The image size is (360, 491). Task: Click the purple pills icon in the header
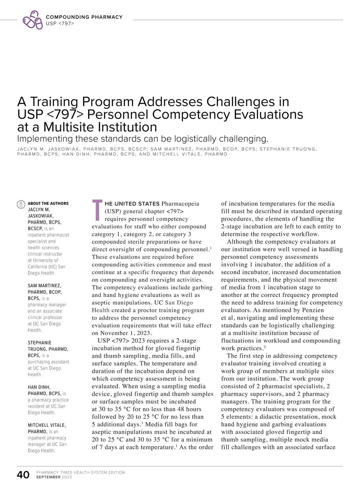(33, 20)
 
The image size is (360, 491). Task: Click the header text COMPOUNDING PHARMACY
(84, 17)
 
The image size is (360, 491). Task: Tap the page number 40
(23, 475)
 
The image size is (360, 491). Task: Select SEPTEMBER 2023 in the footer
(54, 477)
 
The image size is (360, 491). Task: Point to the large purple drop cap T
(97, 209)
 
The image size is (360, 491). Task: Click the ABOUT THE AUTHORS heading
(48, 203)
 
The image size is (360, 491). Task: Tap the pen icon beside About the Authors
(21, 204)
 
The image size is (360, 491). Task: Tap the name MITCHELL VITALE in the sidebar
(47, 425)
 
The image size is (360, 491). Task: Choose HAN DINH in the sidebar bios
(39, 387)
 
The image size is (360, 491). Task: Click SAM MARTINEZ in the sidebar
(44, 286)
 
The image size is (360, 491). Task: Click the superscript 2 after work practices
(265, 347)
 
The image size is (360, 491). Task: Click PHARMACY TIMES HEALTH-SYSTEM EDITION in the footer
(81, 472)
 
